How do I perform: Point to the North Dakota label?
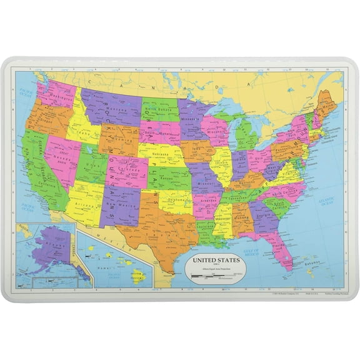pos(159,107)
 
